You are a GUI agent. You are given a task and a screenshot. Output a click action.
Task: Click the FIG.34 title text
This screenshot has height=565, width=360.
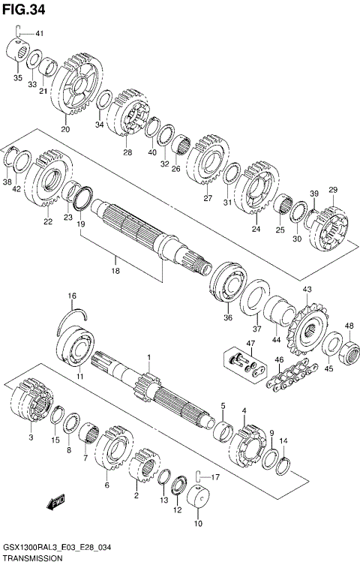[23, 10]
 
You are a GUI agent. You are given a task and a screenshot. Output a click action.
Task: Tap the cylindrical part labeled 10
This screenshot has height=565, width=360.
[199, 498]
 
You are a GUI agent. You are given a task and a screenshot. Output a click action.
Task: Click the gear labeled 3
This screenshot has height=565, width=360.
[32, 405]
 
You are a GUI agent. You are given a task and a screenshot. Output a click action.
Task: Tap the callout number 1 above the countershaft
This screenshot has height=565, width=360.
[148, 357]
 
